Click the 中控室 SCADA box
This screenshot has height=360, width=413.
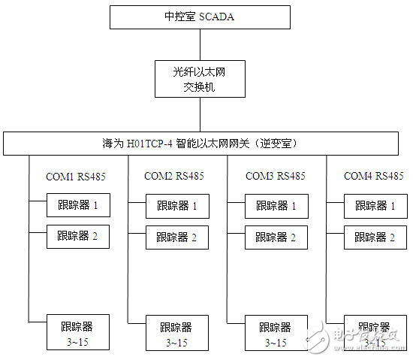coord(200,17)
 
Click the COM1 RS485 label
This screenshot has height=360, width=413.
coord(76,177)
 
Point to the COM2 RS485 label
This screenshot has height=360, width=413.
coord(173,177)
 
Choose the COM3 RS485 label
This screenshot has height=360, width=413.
coord(275,177)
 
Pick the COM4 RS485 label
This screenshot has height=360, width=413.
coord(373,177)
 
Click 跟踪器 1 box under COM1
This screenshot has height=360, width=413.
coord(78,205)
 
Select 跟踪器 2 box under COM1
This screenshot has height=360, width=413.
coord(78,237)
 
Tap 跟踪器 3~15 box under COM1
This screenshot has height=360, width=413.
coord(78,331)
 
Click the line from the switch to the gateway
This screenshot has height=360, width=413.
coord(200,114)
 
